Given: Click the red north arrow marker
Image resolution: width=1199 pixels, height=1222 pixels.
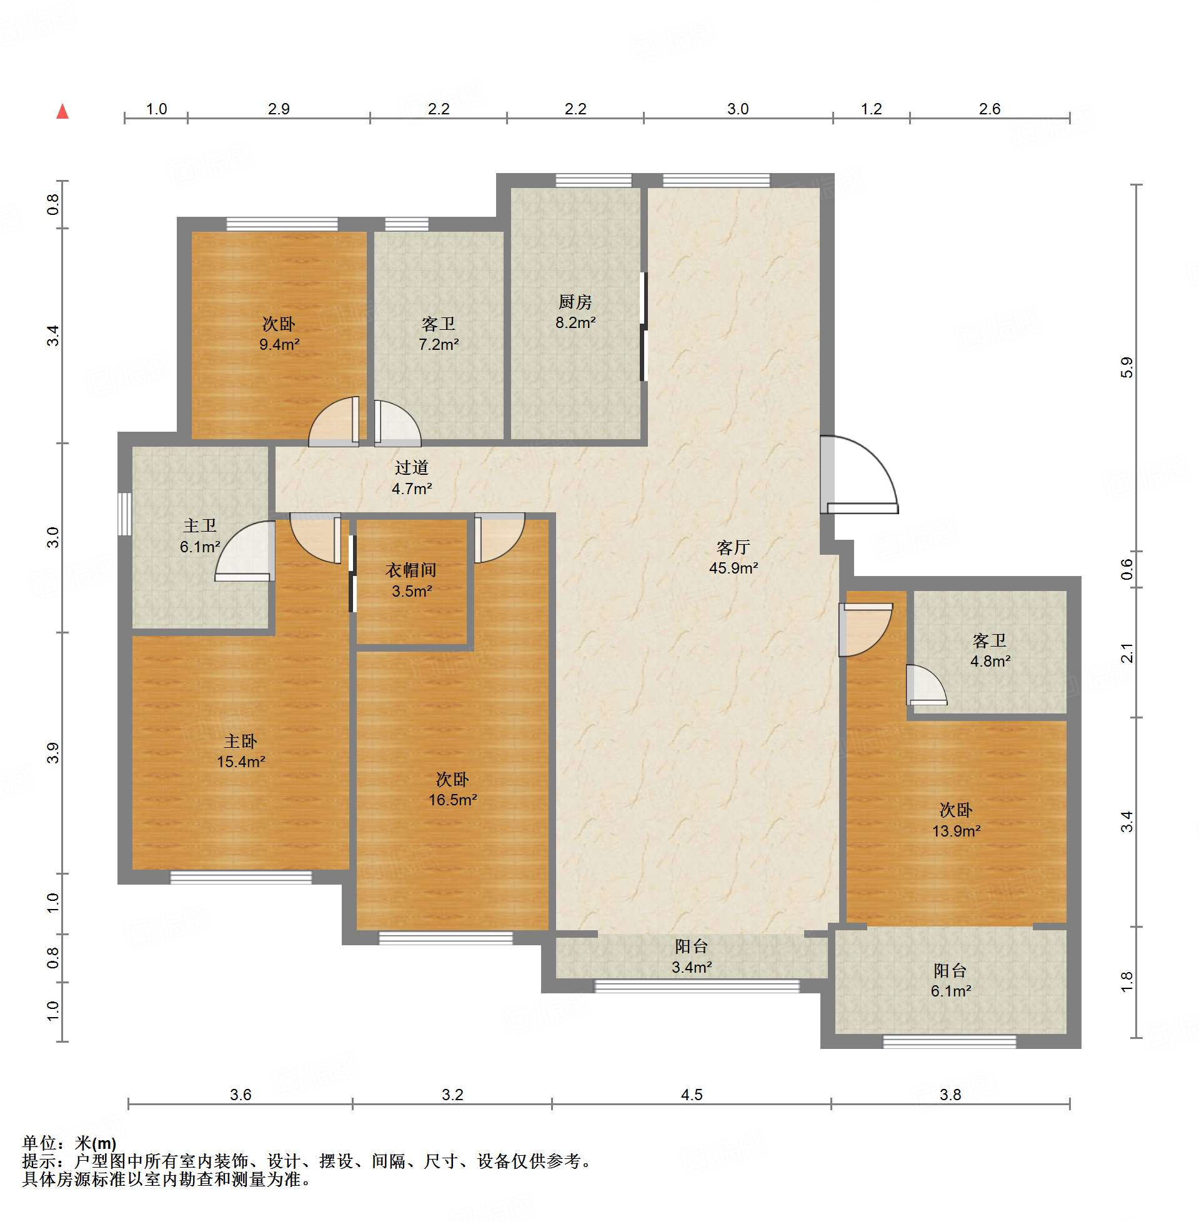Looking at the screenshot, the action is (62, 111).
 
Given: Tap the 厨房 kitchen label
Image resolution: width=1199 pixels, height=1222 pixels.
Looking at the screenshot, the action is (575, 302).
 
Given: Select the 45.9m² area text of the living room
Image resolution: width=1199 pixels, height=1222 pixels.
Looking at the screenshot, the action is (733, 568).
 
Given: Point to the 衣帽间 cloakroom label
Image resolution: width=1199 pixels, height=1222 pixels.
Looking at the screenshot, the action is (411, 570).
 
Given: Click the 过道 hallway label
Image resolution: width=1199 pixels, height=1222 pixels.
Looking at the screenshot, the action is (412, 468).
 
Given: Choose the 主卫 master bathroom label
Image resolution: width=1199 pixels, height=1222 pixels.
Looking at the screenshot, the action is (199, 525).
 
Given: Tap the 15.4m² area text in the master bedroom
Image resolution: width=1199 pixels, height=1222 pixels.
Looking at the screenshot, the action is (241, 762).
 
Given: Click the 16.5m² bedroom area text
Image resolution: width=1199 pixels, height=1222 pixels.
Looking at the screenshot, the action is (452, 800).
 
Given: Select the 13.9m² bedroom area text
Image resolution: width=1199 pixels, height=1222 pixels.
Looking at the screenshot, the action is (956, 831).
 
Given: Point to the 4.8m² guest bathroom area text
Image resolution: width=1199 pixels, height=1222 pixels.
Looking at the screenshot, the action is (990, 661).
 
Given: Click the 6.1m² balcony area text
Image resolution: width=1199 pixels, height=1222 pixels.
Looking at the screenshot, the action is (951, 991).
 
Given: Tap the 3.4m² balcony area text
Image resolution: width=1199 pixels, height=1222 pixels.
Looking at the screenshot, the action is (692, 967).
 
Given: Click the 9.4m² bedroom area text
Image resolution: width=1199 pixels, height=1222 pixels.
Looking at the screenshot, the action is (279, 344).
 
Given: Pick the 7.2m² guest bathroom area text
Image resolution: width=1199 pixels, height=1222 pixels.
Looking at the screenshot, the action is (438, 344).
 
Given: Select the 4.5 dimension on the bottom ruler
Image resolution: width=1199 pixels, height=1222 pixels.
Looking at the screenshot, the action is (692, 1095).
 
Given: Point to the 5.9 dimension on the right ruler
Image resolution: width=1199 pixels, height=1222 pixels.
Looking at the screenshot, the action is (1127, 368).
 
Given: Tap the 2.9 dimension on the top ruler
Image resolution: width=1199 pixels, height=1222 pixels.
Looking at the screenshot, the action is (278, 109).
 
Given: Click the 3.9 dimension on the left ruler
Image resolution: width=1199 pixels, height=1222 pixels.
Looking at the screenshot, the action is (53, 753).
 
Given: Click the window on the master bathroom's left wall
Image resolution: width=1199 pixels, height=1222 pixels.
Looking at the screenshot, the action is (125, 514).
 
